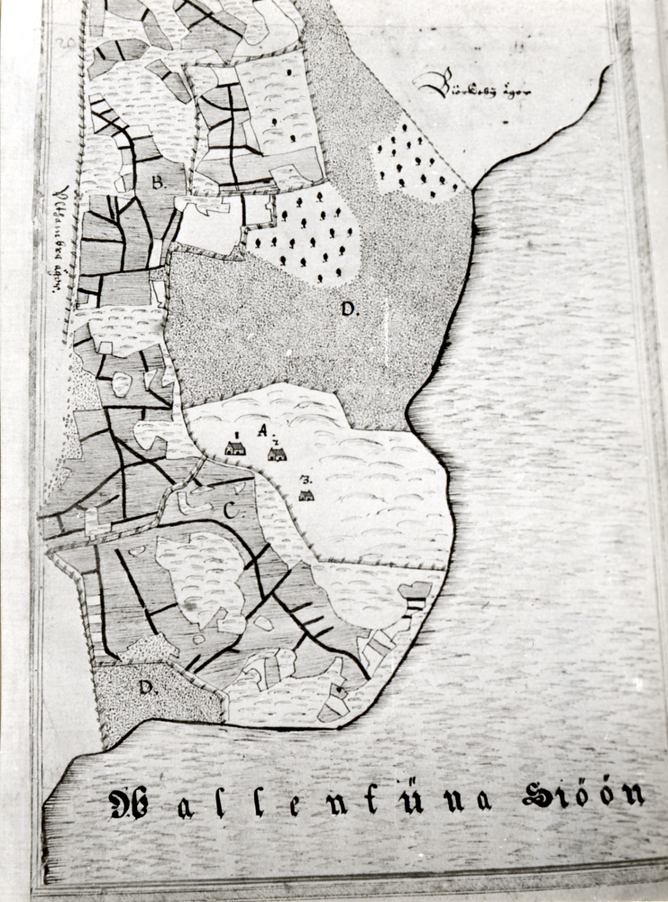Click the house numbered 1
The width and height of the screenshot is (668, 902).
235,447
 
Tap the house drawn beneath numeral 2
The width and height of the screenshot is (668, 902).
277,454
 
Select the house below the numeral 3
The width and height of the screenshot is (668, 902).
307,495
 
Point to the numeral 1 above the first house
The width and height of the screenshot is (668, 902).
235,434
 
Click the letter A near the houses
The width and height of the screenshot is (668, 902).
262,431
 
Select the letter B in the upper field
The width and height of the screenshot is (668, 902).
158,182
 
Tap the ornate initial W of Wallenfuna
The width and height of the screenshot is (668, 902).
130,803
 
